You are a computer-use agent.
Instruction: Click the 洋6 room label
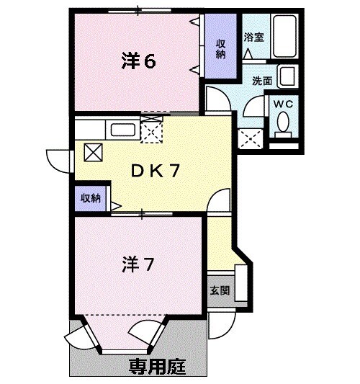click(139, 62)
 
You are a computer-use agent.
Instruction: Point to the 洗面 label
click(262, 81)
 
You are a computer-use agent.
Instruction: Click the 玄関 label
click(220, 292)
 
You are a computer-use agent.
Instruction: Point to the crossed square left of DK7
click(94, 151)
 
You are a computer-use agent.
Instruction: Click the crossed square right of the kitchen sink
click(152, 130)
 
